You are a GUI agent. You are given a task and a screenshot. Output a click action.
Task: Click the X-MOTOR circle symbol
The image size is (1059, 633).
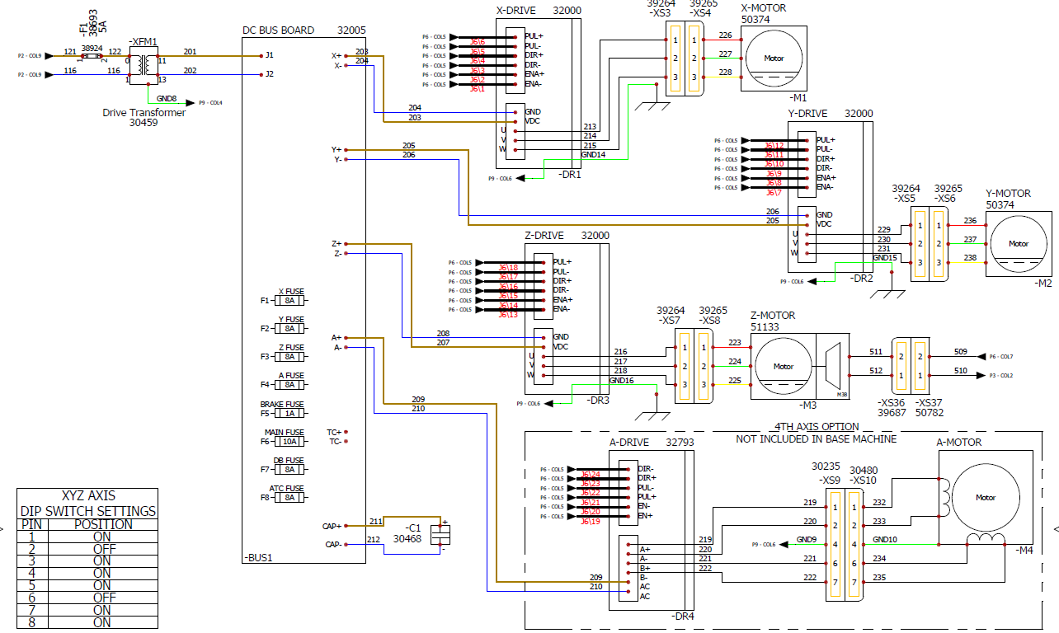click(x=774, y=59)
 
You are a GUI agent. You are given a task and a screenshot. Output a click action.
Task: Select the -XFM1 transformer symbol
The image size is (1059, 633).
click(x=145, y=65)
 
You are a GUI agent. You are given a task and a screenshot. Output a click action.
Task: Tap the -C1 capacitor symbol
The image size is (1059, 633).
click(x=441, y=534)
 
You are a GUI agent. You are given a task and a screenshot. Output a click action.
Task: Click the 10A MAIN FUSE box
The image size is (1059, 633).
click(x=289, y=442)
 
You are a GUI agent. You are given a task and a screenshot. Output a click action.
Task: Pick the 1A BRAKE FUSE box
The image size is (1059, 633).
click(x=289, y=414)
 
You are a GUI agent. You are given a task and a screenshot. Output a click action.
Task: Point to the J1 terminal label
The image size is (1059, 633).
click(x=270, y=55)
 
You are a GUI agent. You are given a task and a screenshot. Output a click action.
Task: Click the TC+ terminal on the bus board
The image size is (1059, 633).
click(x=334, y=432)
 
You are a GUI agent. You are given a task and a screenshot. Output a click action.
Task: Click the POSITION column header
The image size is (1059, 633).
click(x=101, y=524)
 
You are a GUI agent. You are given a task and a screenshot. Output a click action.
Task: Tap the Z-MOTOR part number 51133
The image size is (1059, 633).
click(x=764, y=326)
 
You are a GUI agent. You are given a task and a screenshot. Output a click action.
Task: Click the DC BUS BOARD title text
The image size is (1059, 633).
click(x=278, y=30)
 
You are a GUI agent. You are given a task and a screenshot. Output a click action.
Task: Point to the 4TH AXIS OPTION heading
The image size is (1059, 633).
click(x=817, y=427)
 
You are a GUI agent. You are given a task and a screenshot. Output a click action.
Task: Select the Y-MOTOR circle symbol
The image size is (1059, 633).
click(x=1019, y=243)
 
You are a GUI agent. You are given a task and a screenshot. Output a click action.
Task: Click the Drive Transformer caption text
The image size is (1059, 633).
click(x=144, y=113)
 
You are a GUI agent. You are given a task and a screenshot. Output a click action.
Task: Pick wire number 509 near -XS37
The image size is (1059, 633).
click(x=961, y=351)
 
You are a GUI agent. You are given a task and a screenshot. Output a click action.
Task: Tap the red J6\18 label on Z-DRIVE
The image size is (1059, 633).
click(x=508, y=268)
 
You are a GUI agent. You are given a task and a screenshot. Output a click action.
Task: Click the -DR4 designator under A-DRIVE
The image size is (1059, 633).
click(x=684, y=617)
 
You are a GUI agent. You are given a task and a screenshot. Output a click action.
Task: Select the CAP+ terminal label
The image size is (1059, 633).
click(x=332, y=526)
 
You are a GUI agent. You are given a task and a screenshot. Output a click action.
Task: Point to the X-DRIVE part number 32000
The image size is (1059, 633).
click(x=567, y=11)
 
